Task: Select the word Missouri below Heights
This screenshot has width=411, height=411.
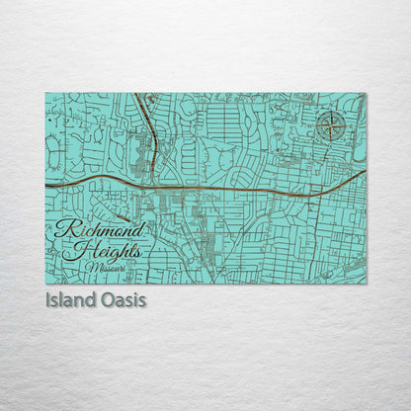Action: (x=105, y=267)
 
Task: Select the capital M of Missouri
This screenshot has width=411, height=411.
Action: (x=90, y=267)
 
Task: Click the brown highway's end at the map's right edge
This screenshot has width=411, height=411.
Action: (x=365, y=171)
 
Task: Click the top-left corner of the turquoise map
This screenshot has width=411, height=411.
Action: (x=45, y=94)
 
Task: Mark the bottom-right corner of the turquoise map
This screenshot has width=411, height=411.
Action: (x=366, y=284)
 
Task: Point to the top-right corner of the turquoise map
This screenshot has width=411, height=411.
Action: (x=366, y=94)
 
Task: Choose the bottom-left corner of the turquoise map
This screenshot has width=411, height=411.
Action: (x=45, y=284)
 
